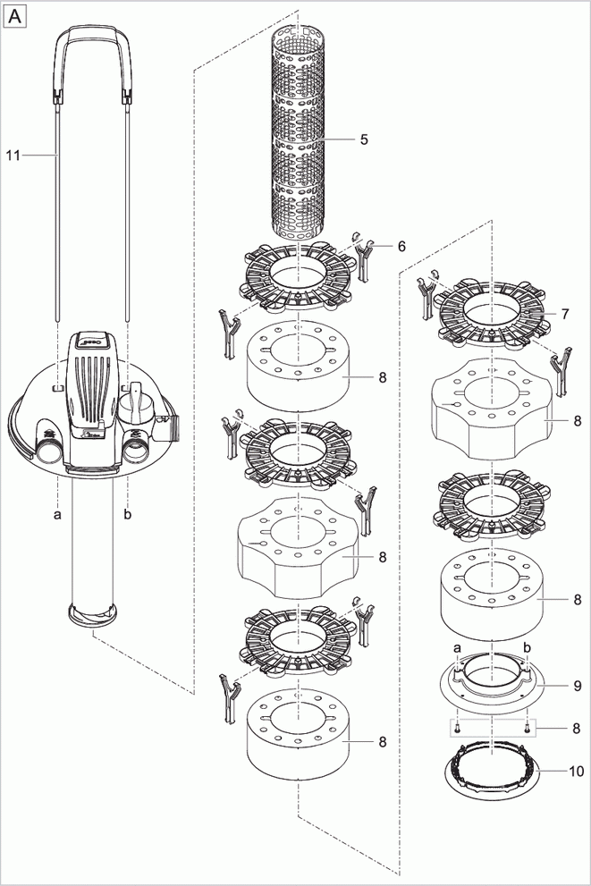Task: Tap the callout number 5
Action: pos(364,139)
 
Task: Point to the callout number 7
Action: pos(565,315)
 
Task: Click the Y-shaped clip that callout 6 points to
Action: pos(364,257)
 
